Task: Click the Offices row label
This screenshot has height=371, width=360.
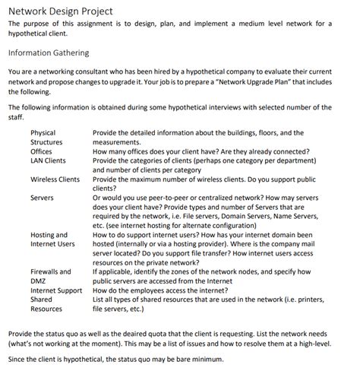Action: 41,151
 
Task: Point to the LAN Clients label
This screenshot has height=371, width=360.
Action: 48,160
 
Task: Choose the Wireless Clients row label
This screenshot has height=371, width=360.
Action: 55,179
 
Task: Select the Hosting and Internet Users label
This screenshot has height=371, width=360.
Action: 52,239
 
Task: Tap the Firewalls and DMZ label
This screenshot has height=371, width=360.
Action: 50,276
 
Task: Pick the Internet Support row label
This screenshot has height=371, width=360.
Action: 56,290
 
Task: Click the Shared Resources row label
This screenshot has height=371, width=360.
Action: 46,304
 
